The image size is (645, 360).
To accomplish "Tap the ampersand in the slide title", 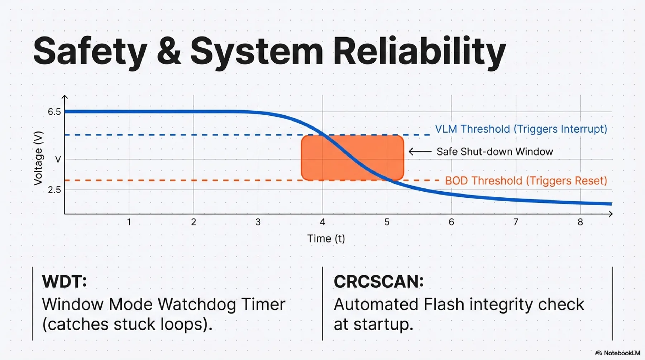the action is point(168,51).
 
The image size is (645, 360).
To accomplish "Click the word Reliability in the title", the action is point(420,52).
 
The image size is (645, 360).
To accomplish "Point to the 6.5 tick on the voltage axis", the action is point(54,112).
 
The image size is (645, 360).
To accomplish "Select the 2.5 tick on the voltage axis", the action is point(54,189).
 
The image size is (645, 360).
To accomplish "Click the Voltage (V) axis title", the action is point(38,158).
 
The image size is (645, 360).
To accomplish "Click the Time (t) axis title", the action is point(326,239).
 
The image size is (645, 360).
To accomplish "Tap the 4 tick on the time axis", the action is point(322,222).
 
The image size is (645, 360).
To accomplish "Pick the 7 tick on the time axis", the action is point(516,222).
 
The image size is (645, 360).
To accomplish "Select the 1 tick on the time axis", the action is point(129,222).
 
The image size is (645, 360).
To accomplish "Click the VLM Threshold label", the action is point(521,129).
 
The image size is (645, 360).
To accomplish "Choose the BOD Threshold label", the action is point(526,181).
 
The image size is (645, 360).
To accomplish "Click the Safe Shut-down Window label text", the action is point(495,152).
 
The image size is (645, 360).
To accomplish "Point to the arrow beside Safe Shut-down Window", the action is point(420,152).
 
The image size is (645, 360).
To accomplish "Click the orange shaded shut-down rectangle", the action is point(353,158).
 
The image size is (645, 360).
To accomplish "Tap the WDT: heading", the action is point(64,281).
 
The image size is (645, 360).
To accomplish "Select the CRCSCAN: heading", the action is point(379,281).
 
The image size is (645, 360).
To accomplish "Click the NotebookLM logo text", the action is point(622,353).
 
